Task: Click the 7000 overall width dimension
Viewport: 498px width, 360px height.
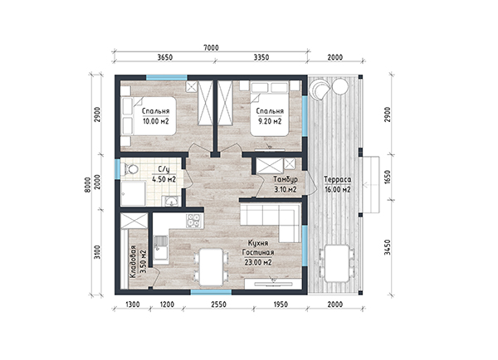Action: (x=211, y=47)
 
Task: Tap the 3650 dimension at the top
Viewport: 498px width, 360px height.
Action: (x=165, y=57)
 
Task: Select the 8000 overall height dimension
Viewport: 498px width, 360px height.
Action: (x=88, y=184)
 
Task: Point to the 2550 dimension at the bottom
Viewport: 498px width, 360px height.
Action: (x=219, y=304)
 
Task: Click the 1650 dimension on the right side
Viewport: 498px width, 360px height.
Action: (x=387, y=177)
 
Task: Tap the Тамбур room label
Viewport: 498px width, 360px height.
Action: (x=286, y=179)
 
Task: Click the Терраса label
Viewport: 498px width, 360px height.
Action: (x=338, y=179)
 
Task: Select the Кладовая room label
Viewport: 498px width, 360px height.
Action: (x=133, y=262)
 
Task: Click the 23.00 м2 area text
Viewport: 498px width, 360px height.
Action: (x=258, y=263)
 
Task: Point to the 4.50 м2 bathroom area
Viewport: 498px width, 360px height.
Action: (x=164, y=179)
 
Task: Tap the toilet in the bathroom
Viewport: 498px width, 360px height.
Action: (x=130, y=169)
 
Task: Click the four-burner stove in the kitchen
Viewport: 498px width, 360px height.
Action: (x=193, y=221)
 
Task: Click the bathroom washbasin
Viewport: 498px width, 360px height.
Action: (x=172, y=202)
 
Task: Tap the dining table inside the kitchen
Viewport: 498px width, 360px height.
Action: (x=211, y=267)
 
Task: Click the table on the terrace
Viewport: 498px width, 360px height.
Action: (x=337, y=263)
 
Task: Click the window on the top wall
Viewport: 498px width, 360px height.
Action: (x=167, y=77)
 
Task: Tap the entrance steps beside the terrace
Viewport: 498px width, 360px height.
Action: (x=371, y=184)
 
